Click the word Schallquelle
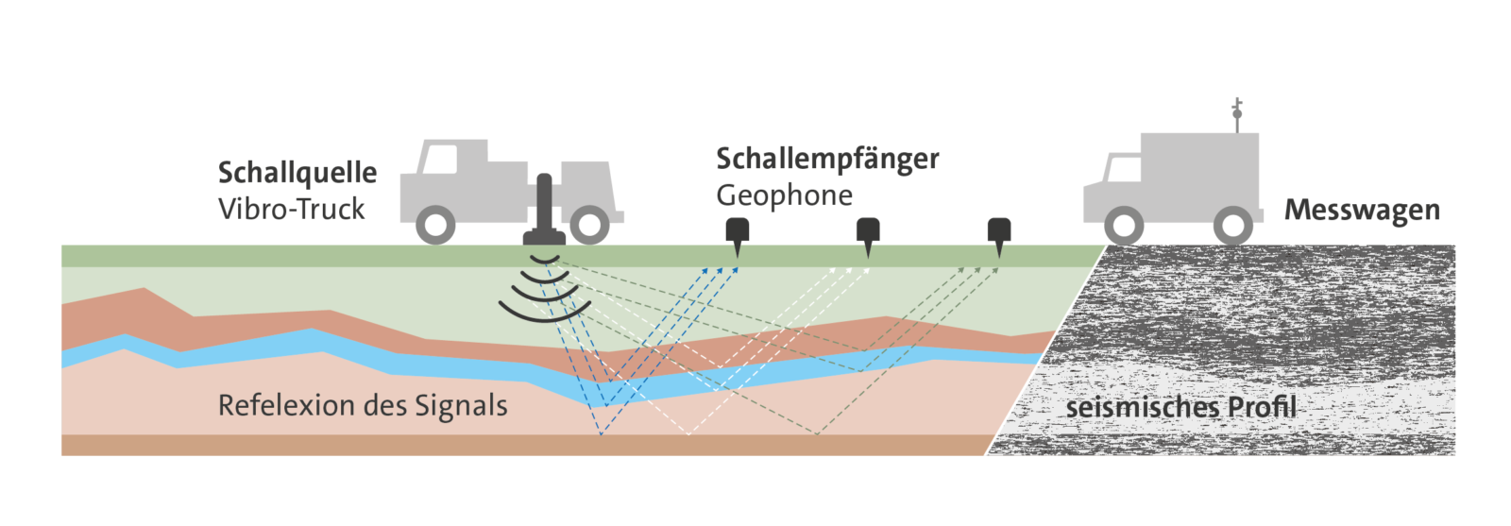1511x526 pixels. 297,173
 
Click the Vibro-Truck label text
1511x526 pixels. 291,210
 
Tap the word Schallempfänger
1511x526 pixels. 826,160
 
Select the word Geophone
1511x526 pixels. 784,195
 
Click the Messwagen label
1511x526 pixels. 1361,210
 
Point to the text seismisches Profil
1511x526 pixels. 1180,408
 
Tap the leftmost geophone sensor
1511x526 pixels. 737,233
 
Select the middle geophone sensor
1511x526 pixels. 868,233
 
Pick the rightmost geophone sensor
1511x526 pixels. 999,233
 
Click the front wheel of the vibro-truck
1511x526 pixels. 435,226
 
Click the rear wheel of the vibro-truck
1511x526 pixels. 589,225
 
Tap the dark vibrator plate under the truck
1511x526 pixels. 544,237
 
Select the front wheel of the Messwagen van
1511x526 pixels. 1123,227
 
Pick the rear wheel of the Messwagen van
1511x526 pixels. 1233,227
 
